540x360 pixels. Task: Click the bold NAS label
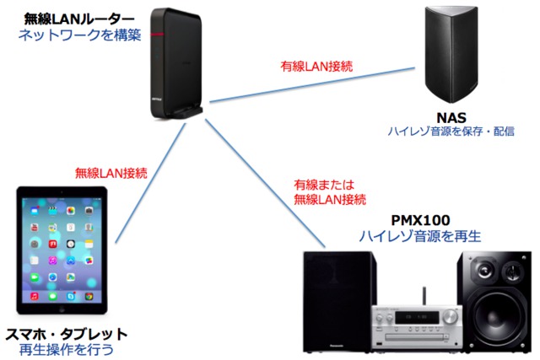[451, 117]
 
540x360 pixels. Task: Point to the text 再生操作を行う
[66, 348]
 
